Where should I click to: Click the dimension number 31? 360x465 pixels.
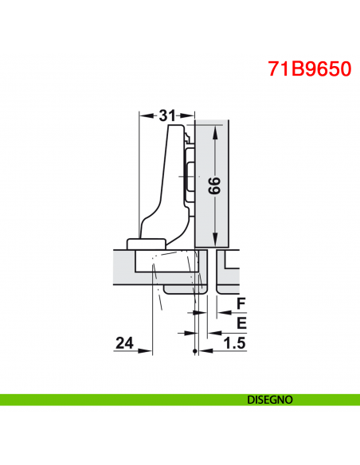(166, 115)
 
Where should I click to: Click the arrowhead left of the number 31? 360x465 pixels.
(144, 115)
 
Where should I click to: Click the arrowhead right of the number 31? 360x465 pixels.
(190, 115)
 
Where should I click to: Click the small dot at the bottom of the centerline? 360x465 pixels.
(195, 351)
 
